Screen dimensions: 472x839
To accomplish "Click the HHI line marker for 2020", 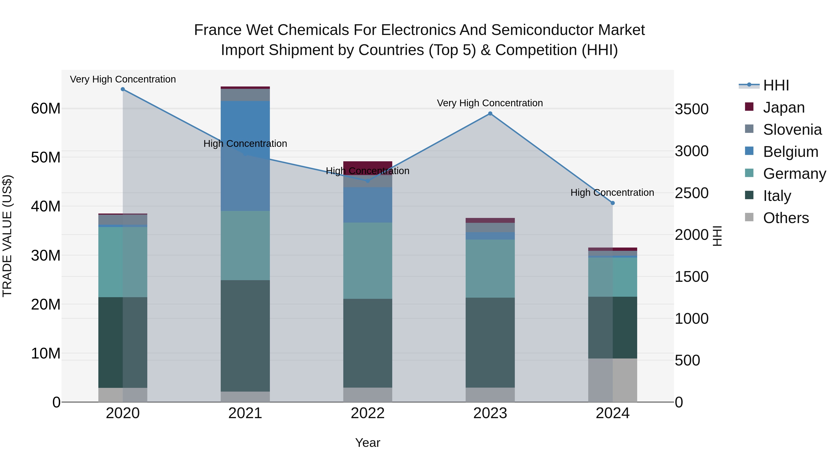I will point(123,89).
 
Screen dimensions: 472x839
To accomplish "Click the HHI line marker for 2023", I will point(490,114).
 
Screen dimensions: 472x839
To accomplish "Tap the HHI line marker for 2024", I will point(613,203).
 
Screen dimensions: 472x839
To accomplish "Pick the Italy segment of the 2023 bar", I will point(490,342).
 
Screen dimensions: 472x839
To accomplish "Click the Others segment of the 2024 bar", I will point(613,380).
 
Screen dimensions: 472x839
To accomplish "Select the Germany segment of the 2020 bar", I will point(123,262).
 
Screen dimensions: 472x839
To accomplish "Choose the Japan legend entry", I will point(783,107).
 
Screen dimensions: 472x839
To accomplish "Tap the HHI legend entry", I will point(776,85).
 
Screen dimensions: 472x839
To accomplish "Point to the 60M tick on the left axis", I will point(46,108).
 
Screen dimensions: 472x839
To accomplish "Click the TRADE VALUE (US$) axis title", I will point(7,236).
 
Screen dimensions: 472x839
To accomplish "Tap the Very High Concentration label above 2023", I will point(490,103).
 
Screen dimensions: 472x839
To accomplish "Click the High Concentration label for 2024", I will point(612,193).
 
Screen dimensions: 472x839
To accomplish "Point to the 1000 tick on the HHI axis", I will point(691,319).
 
